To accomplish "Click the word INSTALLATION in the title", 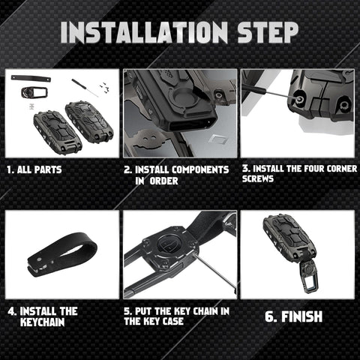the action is [x=145, y=32].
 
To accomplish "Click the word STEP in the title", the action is [x=268, y=32].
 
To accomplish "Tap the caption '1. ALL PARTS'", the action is [x=34, y=169].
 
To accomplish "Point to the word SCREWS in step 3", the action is [x=258, y=179].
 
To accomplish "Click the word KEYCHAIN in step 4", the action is [x=42, y=322].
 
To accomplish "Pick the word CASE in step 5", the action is [x=173, y=321].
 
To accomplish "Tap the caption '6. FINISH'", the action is [x=293, y=316].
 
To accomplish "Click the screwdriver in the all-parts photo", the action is [x=85, y=88].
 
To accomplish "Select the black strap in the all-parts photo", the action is [x=31, y=79].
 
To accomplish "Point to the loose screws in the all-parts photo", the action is [x=103, y=85].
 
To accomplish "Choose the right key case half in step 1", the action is [x=89, y=121].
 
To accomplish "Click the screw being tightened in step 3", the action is [x=298, y=98].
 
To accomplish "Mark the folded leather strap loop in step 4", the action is [x=62, y=253].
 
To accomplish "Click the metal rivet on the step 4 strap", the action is [x=39, y=260].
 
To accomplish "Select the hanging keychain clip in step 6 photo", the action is [x=309, y=276].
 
